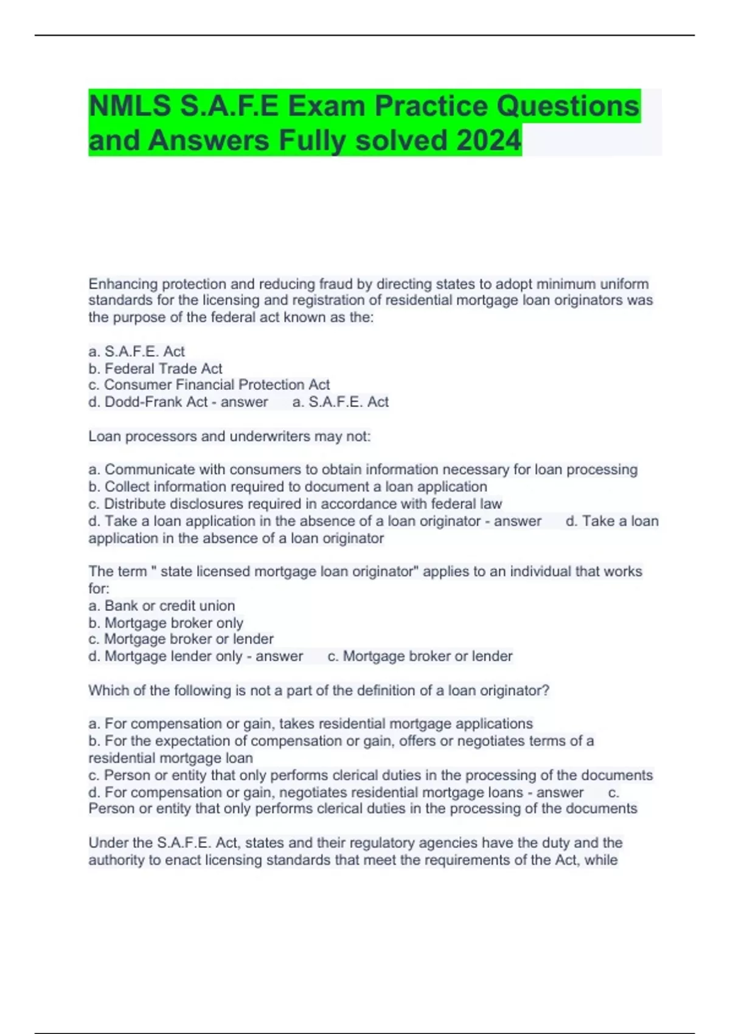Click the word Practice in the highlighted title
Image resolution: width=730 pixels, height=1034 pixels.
pos(432,106)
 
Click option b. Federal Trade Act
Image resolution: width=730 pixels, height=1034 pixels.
pos(155,369)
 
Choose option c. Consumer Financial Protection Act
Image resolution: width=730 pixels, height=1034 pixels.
pos(209,385)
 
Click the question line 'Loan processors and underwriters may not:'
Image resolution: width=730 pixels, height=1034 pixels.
pos(229,436)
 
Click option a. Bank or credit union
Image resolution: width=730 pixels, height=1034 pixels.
pos(161,606)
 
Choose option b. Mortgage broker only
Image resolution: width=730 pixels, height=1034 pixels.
pos(165,623)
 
